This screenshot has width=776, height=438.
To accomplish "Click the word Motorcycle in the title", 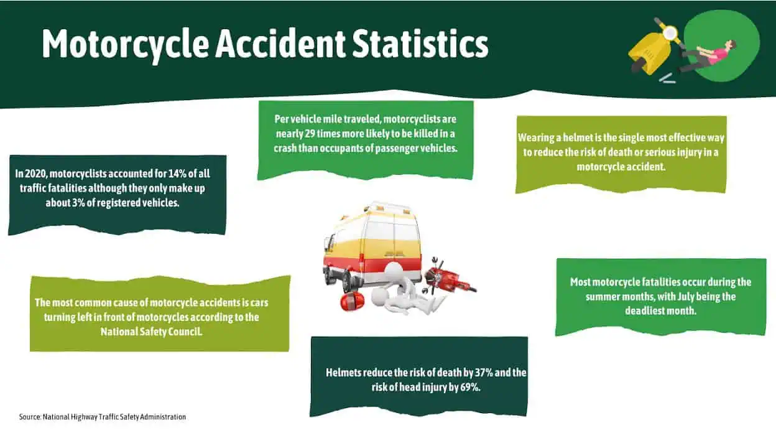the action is (x=125, y=44).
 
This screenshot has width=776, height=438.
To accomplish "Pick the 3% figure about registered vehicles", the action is (x=78, y=203).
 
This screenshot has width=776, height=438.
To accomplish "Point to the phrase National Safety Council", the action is (x=151, y=332).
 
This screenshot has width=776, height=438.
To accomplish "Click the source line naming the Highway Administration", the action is (x=103, y=417).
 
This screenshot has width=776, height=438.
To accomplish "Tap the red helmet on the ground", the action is (x=352, y=302).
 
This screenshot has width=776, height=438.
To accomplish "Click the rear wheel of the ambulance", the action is (x=346, y=282).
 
